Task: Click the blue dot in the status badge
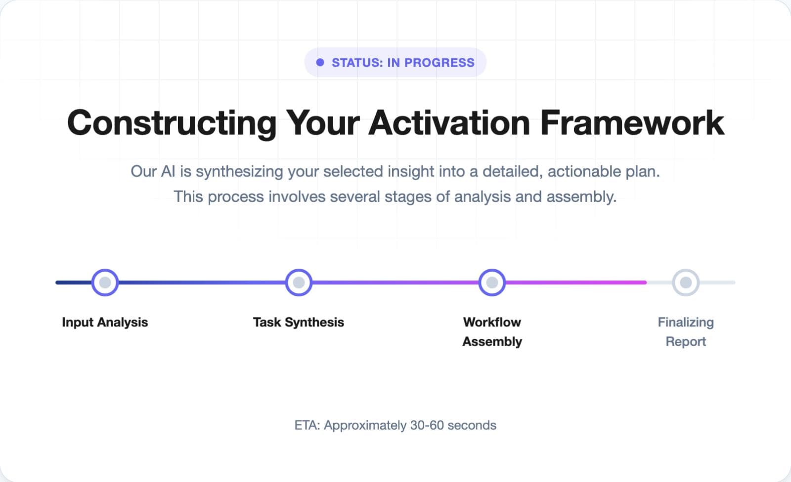320,63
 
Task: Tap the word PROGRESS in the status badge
439,63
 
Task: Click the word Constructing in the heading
172,123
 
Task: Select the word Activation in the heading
449,123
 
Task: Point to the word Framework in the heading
632,123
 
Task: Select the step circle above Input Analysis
105,282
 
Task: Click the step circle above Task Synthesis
299,282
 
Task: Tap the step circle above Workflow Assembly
492,282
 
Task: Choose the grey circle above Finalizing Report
686,282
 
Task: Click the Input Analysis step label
105,322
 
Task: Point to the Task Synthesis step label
299,322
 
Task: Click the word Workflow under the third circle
492,322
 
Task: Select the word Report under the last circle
686,342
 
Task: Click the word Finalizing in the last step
686,322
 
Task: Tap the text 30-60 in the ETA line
427,426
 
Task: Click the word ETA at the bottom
307,426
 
